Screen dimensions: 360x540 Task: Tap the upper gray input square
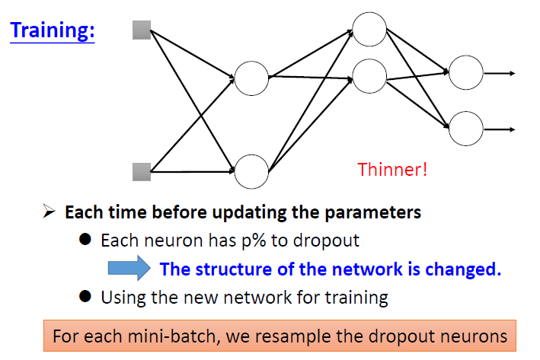[142, 30]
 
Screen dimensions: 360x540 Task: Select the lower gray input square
[142, 170]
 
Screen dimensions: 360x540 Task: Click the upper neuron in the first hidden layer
[251, 77]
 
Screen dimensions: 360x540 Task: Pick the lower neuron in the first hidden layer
[251, 170]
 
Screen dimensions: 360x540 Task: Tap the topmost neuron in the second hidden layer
[369, 29]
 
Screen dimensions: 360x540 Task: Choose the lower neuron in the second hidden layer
[369, 77]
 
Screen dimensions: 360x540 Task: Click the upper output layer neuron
[465, 73]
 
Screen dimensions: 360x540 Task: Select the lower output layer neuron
[465, 127]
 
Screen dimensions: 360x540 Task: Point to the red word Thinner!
[392, 169]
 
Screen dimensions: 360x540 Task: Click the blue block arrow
[130, 268]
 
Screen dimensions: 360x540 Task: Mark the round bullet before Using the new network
[85, 296]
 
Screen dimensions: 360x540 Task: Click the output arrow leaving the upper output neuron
[500, 73]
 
